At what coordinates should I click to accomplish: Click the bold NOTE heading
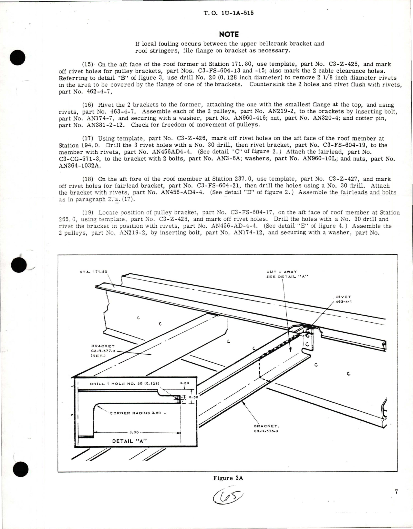click(x=229, y=34)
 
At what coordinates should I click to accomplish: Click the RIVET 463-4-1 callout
click(x=343, y=299)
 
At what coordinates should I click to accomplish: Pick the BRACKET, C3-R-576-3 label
click(x=266, y=428)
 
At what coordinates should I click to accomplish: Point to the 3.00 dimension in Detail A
click(x=134, y=433)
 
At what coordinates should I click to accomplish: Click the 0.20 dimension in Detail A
click(x=184, y=383)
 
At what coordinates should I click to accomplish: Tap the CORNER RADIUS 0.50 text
click(x=135, y=413)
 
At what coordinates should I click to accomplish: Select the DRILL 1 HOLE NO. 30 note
click(x=125, y=384)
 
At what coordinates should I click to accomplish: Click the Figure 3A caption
click(x=228, y=478)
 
